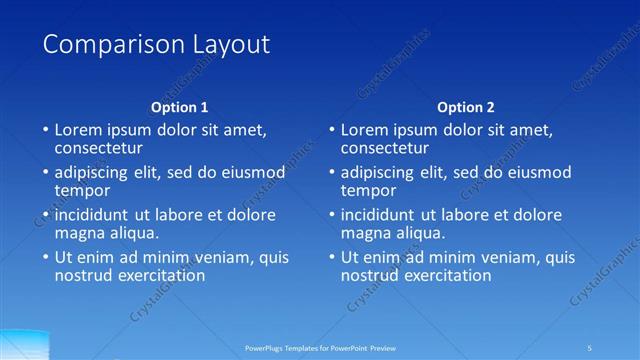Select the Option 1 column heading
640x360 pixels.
tap(180, 107)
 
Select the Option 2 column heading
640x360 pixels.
tap(466, 107)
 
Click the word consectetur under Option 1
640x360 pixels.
tap(101, 148)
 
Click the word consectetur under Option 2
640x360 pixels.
tap(387, 148)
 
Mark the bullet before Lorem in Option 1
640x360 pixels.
tap(45, 130)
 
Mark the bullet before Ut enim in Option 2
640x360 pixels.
tap(331, 257)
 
